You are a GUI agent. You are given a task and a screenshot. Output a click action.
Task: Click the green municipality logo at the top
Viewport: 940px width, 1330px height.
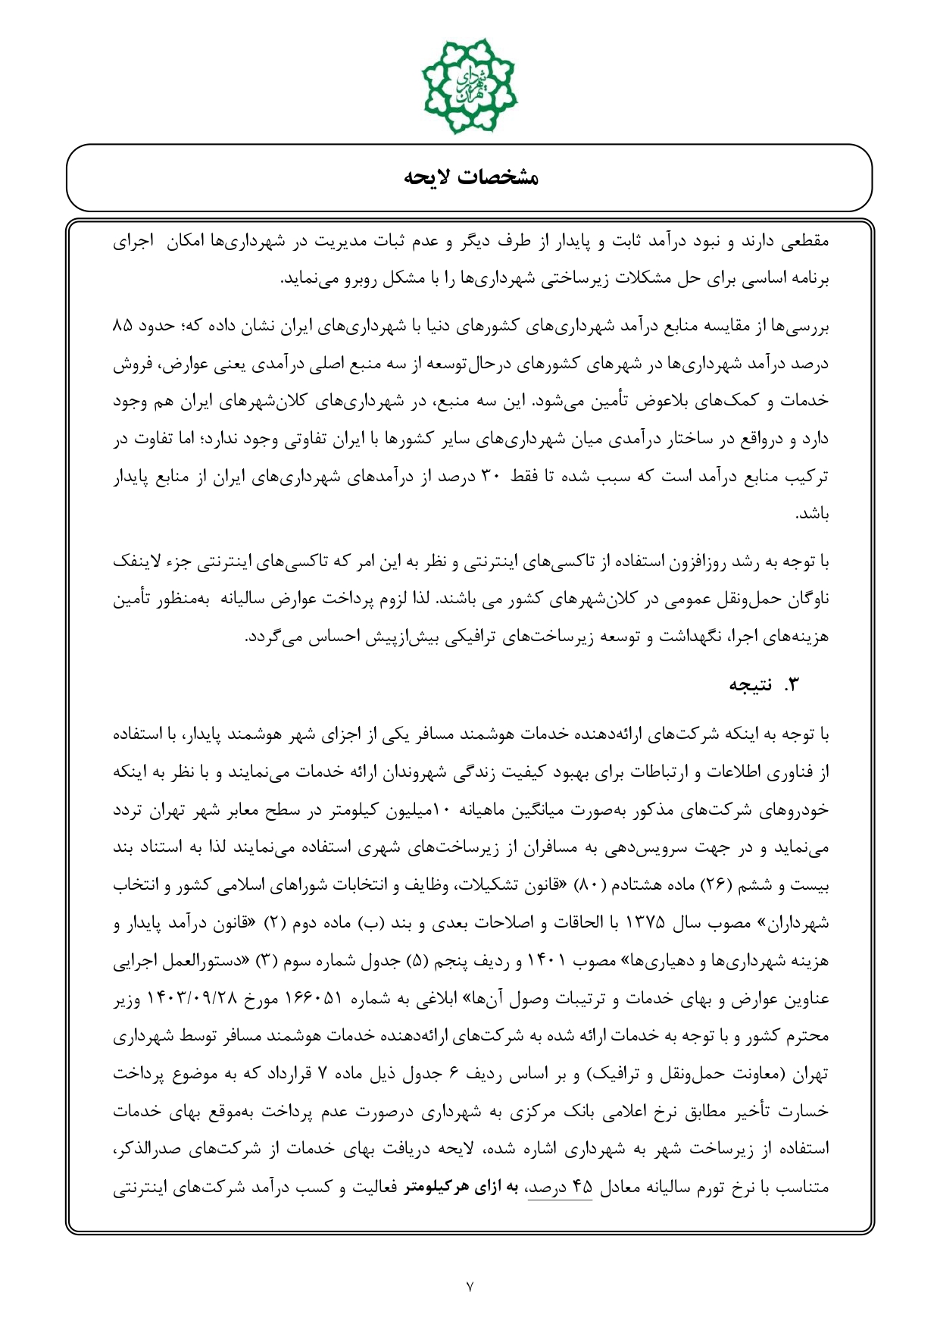pos(470,85)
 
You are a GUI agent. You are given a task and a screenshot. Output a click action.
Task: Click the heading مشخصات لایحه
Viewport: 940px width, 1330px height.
pos(470,178)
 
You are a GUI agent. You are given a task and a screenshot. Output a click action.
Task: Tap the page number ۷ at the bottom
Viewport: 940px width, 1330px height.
pos(470,1285)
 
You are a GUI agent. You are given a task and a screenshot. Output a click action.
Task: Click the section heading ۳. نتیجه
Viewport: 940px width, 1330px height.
pos(764,685)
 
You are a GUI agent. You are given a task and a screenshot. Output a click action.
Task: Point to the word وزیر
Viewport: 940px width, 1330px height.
pos(128,999)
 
